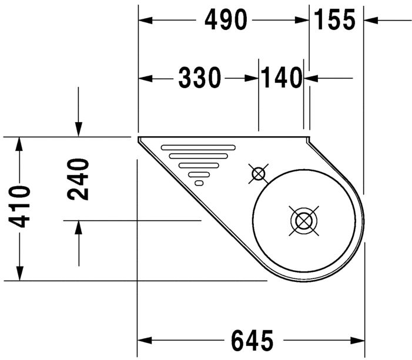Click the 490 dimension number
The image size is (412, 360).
click(x=225, y=21)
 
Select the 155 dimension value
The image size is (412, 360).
click(x=334, y=21)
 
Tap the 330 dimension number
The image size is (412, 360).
click(x=199, y=78)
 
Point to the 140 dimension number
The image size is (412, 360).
click(x=281, y=78)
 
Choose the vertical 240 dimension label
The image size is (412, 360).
click(x=79, y=179)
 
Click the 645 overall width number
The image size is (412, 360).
click(x=252, y=340)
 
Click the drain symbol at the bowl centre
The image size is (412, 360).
click(x=303, y=221)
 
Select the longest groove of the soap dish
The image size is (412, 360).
click(x=198, y=147)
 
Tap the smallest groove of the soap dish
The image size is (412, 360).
click(x=199, y=183)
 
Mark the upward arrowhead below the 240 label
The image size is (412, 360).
click(x=79, y=228)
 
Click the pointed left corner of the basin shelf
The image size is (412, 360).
click(x=140, y=139)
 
